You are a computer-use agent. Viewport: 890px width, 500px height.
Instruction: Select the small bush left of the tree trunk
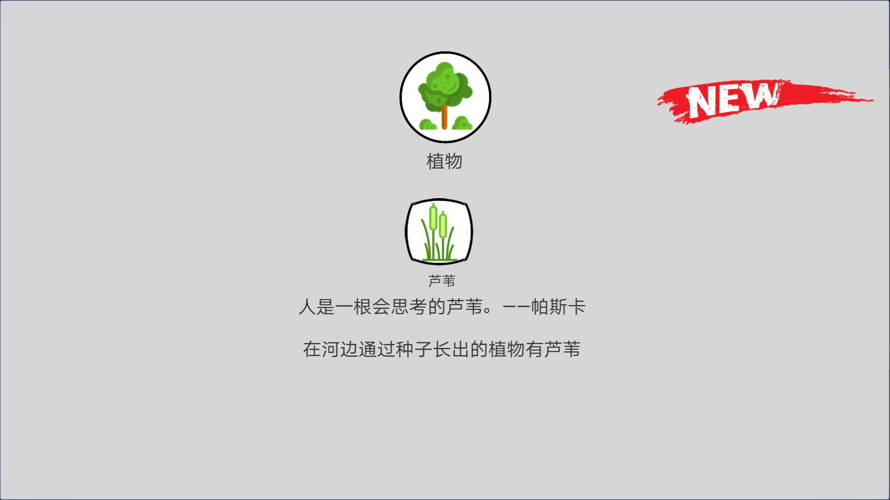click(427, 125)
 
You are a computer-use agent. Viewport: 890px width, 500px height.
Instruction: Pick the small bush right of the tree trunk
click(462, 124)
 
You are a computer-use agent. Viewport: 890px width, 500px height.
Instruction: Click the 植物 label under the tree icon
click(444, 162)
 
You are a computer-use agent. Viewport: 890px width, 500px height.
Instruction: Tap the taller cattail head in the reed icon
click(433, 217)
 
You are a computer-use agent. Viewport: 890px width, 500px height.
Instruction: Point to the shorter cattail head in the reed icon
click(443, 225)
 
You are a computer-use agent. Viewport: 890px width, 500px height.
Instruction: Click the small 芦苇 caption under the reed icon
click(442, 281)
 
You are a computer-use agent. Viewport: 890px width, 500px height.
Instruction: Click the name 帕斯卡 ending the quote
click(558, 307)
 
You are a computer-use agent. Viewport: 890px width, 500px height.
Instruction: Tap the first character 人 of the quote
click(307, 307)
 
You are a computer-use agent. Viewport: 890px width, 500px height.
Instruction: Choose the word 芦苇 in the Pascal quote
click(465, 307)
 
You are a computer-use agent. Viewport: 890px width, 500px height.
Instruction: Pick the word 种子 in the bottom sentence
click(414, 350)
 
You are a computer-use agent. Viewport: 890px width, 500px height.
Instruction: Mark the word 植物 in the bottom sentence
click(507, 350)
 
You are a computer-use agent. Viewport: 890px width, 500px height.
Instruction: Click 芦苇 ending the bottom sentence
click(562, 350)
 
